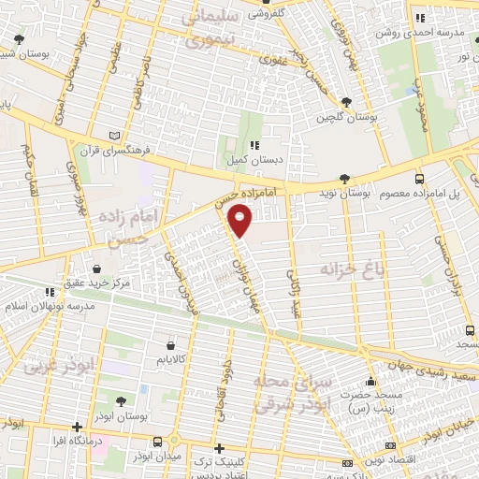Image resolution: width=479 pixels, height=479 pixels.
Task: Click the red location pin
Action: pos(240,222)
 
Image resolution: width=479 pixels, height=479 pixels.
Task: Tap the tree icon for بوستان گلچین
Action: pos(348,102)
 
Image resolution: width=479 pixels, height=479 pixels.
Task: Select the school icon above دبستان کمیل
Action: pos(253,145)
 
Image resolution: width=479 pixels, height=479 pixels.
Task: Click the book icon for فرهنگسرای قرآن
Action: pos(115,134)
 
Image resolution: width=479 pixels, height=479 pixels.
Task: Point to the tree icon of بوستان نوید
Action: pos(345,178)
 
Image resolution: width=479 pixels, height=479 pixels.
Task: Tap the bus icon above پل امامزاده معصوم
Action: pos(418,177)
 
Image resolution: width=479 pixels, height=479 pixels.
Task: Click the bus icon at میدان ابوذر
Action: pos(157,442)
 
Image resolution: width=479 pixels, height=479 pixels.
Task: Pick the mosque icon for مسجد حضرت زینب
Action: pos(372,381)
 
